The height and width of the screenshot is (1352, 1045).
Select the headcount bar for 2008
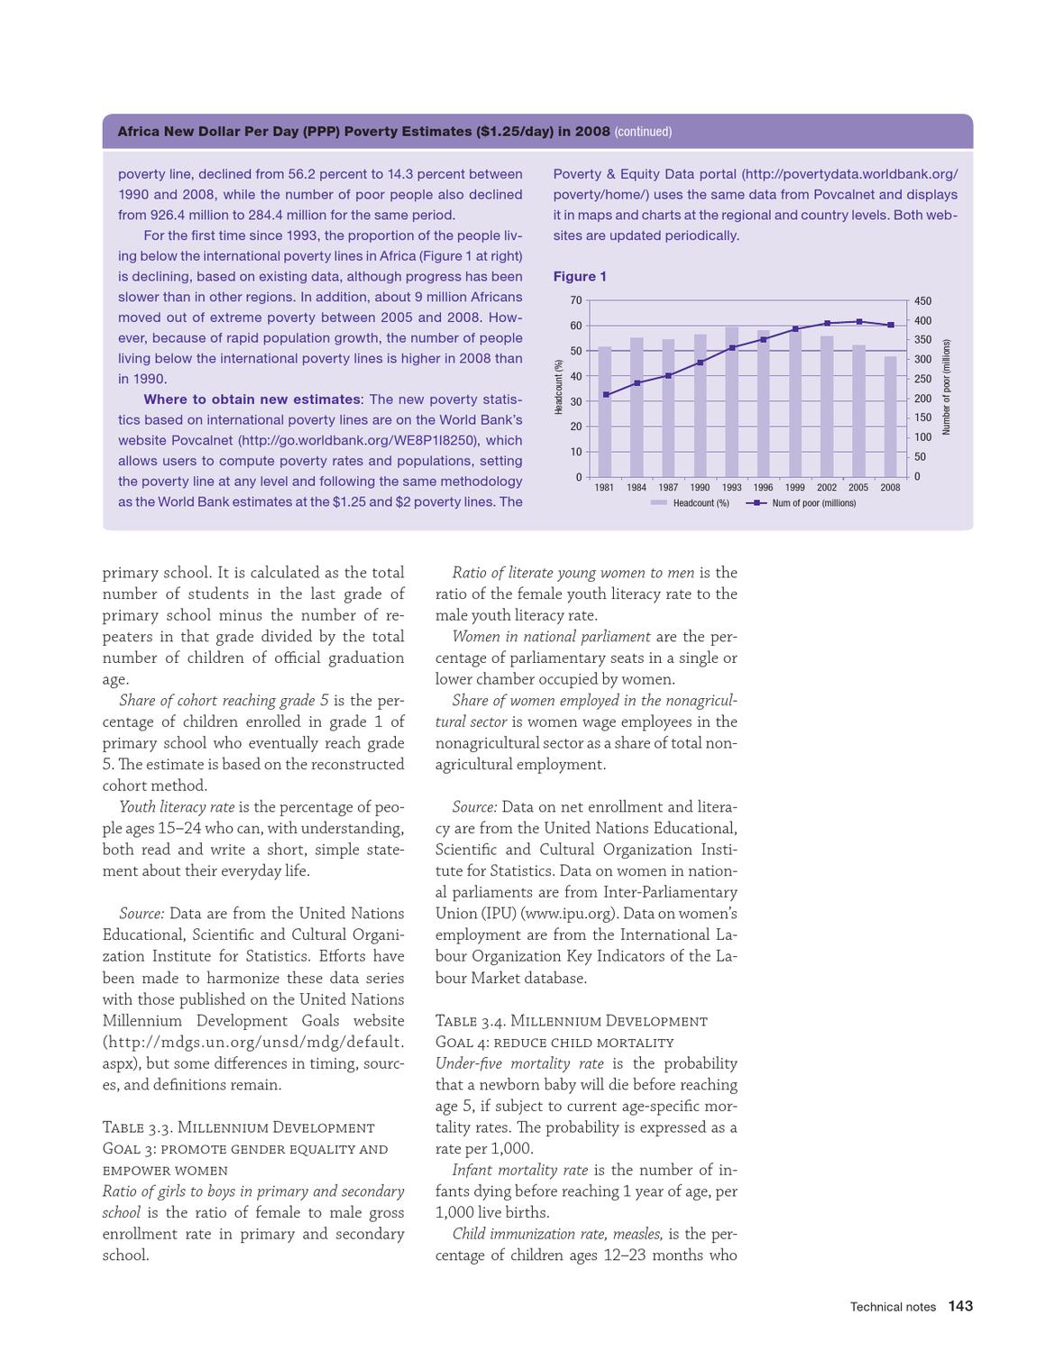click(890, 417)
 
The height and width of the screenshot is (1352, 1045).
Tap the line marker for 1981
click(606, 395)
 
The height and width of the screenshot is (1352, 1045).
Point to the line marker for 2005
click(859, 322)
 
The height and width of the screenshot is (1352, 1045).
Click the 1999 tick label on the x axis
click(794, 488)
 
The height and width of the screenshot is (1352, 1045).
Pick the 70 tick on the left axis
click(576, 300)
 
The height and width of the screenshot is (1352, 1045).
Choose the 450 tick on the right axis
click(922, 301)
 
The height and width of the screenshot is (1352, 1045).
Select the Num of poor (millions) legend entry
click(802, 503)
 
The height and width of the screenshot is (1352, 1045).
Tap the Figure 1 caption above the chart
click(580, 277)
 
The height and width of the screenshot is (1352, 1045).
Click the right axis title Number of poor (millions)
click(946, 387)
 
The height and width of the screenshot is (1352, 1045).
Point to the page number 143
click(960, 1306)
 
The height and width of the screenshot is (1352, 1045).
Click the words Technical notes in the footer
click(893, 1307)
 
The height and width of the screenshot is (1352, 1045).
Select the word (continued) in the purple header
click(643, 132)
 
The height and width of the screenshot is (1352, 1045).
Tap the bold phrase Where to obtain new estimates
click(252, 400)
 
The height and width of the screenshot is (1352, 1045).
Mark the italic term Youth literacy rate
click(177, 807)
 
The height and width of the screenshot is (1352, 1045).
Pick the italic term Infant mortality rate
click(520, 1170)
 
